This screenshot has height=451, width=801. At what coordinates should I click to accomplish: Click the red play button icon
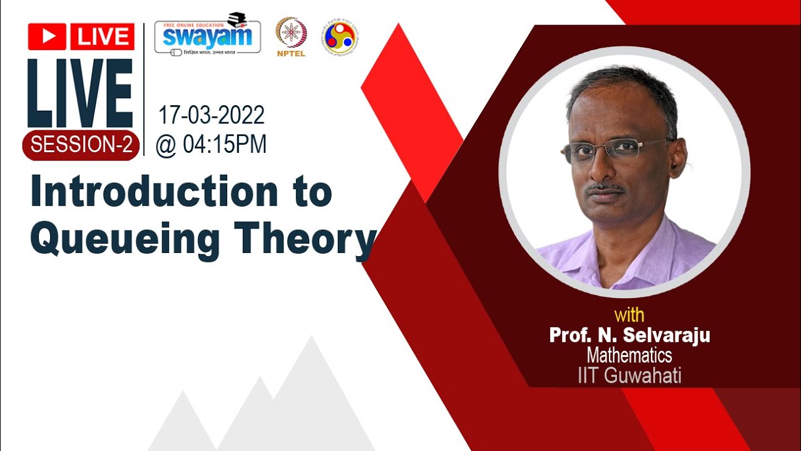[x=47, y=37]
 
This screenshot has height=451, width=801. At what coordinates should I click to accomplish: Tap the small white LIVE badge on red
[x=102, y=37]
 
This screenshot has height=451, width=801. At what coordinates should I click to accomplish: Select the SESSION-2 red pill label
[x=81, y=145]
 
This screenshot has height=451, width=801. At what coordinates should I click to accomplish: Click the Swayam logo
[x=207, y=34]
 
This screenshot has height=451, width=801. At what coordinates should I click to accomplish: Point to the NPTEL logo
[x=291, y=36]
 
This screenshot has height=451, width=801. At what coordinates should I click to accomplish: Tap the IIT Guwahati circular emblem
[x=340, y=36]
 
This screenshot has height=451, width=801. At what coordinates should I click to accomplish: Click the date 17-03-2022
[x=211, y=115]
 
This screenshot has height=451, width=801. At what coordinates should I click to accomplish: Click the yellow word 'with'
[x=629, y=314]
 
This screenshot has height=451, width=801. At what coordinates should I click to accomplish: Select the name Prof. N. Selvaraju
[x=629, y=336]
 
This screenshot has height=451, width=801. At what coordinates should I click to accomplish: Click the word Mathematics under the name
[x=629, y=356]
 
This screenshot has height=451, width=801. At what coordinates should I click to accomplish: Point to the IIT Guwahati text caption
[x=629, y=376]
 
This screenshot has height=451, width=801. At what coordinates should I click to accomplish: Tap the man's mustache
[x=606, y=187]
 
